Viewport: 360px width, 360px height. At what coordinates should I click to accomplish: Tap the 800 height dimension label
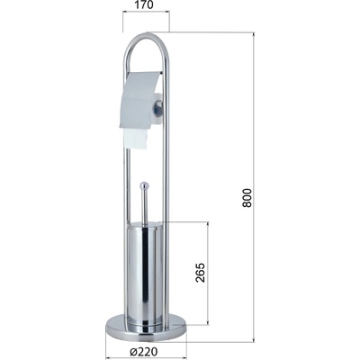tap(247, 198)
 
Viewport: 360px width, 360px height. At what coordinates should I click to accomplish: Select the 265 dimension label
tap(200, 273)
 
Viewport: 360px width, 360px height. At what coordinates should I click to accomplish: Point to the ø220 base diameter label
tap(144, 351)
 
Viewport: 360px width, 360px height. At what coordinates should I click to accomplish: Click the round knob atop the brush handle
tap(145, 185)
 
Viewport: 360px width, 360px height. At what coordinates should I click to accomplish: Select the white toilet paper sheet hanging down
tap(135, 139)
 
